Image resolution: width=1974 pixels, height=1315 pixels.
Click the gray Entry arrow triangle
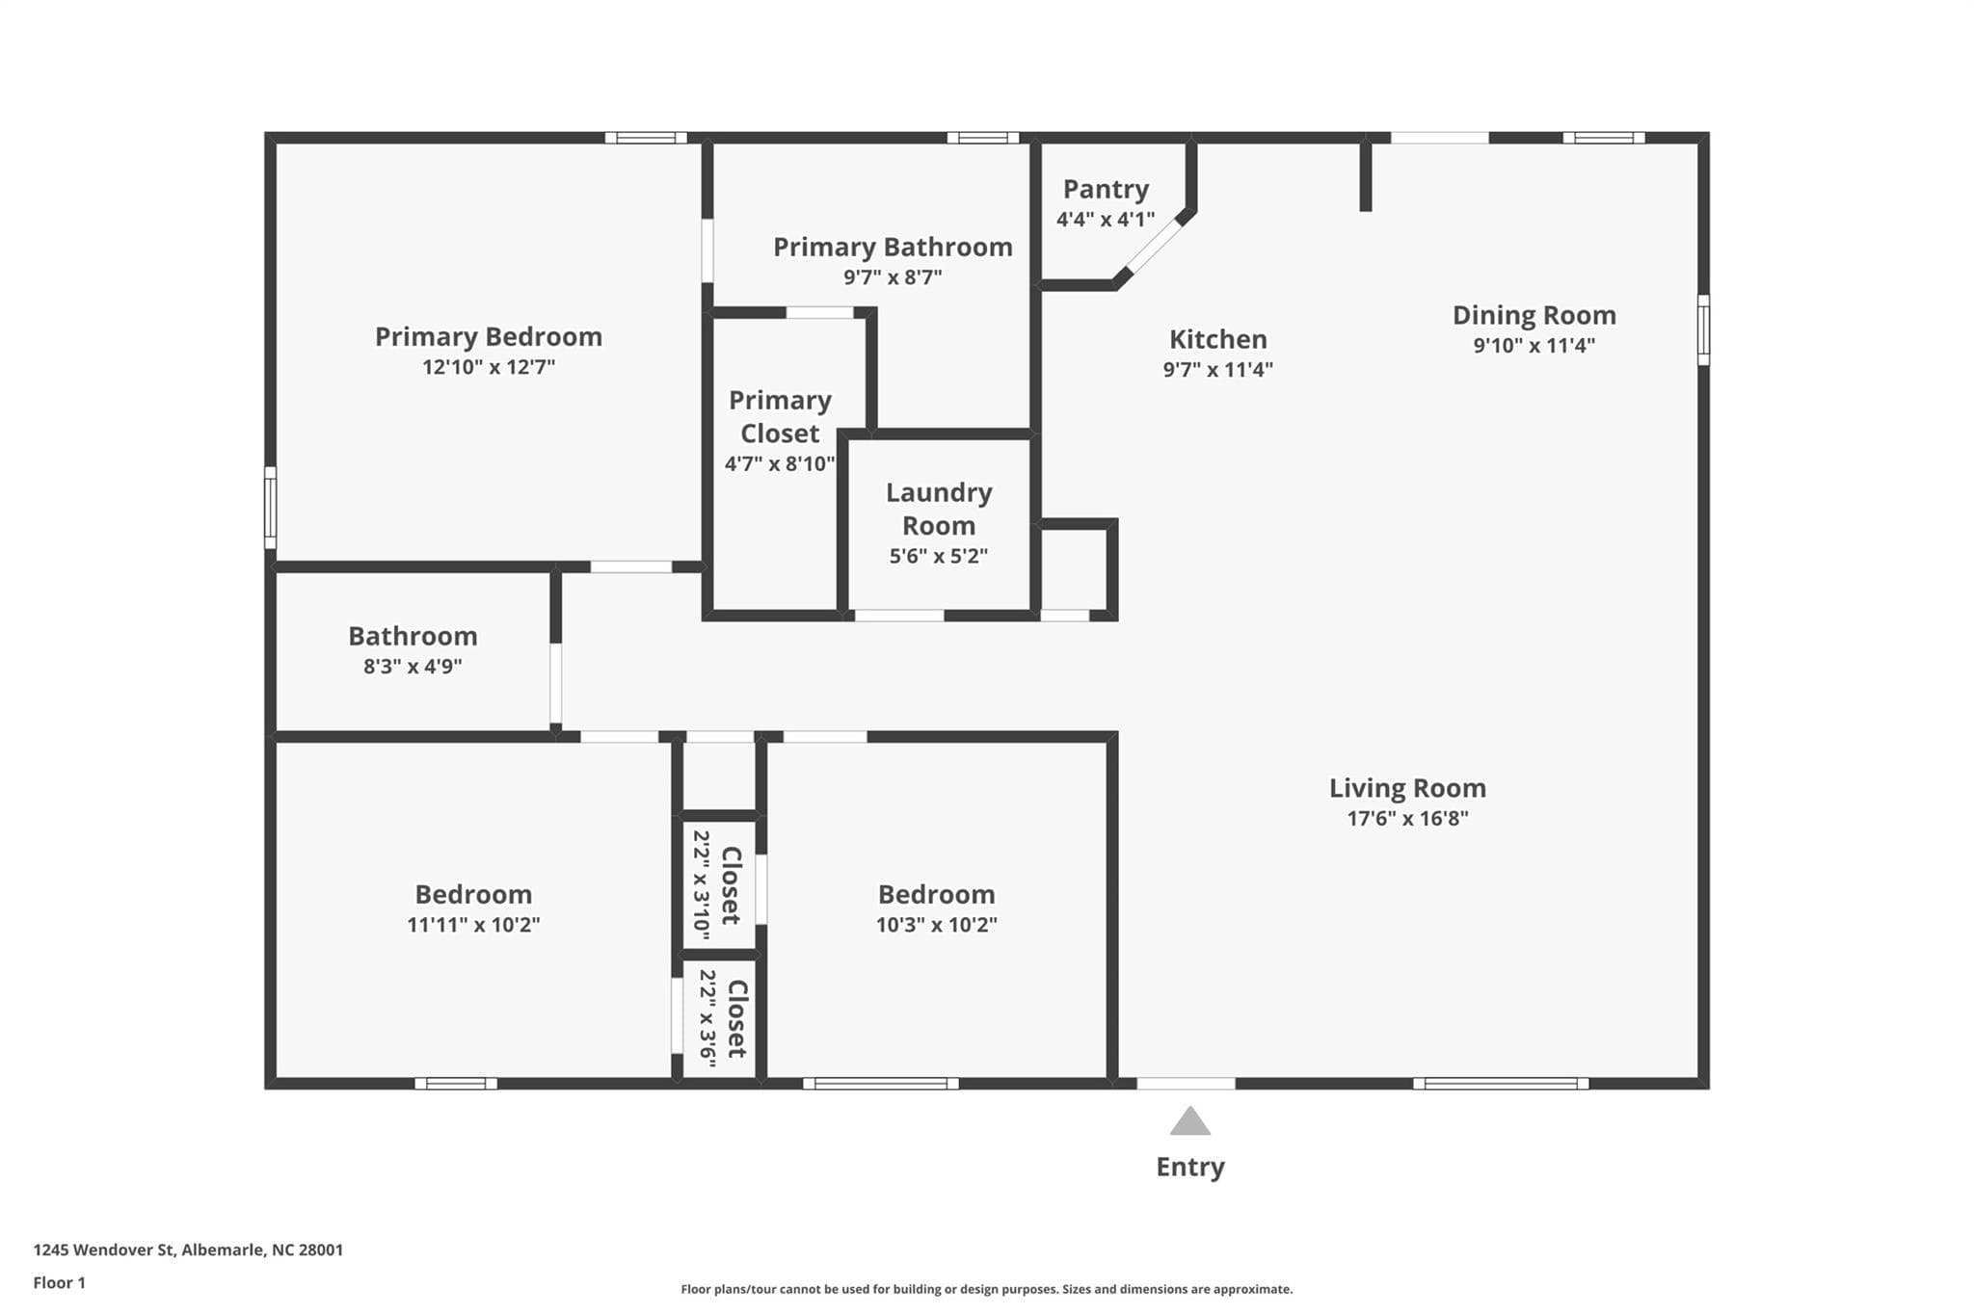(x=1190, y=1121)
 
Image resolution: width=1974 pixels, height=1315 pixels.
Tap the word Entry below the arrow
(x=1190, y=1168)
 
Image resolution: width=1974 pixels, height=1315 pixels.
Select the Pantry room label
(x=1106, y=190)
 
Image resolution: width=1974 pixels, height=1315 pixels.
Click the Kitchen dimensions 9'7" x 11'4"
(x=1218, y=369)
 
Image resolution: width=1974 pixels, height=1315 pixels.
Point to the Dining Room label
(x=1534, y=316)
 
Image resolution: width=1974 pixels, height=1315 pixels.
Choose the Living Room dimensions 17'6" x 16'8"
(x=1408, y=819)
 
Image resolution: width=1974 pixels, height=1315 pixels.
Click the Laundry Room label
(x=939, y=509)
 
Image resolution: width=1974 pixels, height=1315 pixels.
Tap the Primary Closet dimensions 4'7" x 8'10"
(x=780, y=464)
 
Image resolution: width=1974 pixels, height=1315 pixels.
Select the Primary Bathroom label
(x=893, y=248)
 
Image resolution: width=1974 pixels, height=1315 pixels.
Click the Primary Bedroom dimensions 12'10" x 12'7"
(x=489, y=367)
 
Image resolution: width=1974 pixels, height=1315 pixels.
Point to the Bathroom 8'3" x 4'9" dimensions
(x=413, y=667)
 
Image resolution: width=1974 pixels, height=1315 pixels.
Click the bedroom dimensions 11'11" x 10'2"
(x=473, y=925)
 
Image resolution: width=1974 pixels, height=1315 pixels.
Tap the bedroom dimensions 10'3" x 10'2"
(x=937, y=925)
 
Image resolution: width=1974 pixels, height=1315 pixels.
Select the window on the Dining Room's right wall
(x=1703, y=329)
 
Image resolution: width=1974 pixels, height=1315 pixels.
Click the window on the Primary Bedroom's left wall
(x=271, y=508)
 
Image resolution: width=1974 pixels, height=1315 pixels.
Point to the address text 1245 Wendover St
(x=104, y=1250)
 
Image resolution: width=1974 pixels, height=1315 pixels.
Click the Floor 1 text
(x=60, y=1283)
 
